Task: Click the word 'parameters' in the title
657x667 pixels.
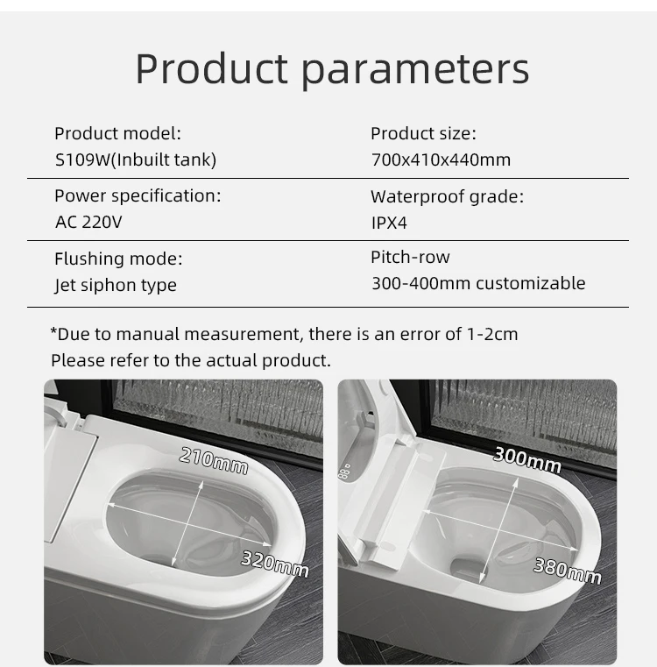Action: pyautogui.click(x=416, y=69)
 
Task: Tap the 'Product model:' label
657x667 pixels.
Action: pyautogui.click(x=117, y=133)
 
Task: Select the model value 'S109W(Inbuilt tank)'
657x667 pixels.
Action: pyautogui.click(x=135, y=160)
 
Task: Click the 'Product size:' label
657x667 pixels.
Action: pyautogui.click(x=423, y=133)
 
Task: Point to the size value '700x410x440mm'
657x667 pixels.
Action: pyautogui.click(x=441, y=160)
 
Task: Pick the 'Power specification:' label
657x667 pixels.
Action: pyautogui.click(x=138, y=195)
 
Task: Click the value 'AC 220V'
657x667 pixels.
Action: pyautogui.click(x=88, y=222)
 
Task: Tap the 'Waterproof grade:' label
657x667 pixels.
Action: pyautogui.click(x=447, y=196)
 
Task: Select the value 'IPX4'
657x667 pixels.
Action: pyautogui.click(x=389, y=223)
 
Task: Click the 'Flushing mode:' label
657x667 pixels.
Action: pyautogui.click(x=118, y=259)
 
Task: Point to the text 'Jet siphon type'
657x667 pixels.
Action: pyautogui.click(x=116, y=285)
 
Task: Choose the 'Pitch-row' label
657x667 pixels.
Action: pyautogui.click(x=410, y=257)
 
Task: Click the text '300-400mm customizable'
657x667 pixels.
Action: pyautogui.click(x=478, y=283)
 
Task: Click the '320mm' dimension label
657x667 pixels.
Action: pyautogui.click(x=274, y=564)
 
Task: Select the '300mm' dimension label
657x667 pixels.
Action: pyautogui.click(x=527, y=458)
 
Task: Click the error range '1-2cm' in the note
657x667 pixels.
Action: pyautogui.click(x=493, y=334)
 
